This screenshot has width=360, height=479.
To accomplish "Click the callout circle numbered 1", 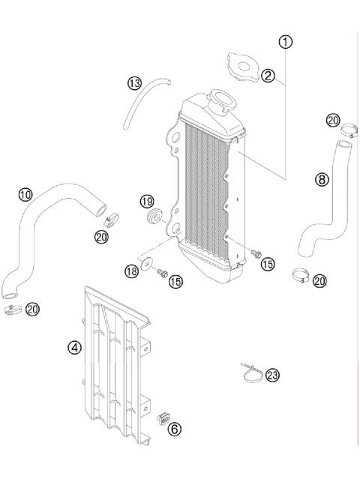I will click(x=285, y=42).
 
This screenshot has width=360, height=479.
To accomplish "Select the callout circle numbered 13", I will click(x=134, y=82).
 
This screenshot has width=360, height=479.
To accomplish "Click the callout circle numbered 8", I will click(x=322, y=179).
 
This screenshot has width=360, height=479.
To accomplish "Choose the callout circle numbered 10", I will click(x=25, y=195).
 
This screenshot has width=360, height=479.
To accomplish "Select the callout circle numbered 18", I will click(x=133, y=270).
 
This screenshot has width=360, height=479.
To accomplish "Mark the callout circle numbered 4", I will click(x=74, y=348).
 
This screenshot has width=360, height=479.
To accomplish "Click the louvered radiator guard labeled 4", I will click(x=116, y=360).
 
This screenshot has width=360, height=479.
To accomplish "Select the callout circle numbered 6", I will click(x=174, y=429).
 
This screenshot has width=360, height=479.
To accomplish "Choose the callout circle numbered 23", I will click(x=272, y=375).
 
